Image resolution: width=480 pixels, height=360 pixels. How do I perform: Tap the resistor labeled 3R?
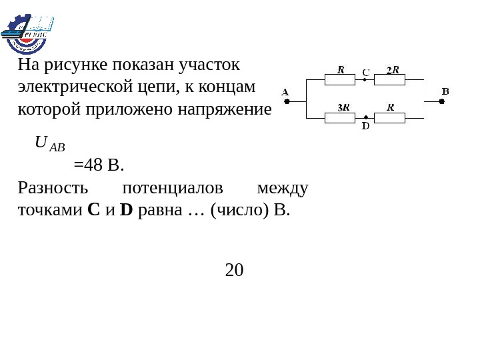click(341, 118)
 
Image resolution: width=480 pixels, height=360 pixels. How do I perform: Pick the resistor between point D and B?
click(390, 118)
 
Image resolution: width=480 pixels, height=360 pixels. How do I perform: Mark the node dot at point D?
click(365, 118)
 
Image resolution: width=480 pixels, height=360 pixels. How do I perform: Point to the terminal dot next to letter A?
click(287, 102)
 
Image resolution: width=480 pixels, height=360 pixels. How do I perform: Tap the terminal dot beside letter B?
click(441, 102)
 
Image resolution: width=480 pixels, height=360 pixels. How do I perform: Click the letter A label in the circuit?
click(285, 92)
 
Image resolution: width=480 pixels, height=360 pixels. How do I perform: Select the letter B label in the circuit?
click(445, 91)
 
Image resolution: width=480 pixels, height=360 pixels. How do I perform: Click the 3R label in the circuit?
click(343, 107)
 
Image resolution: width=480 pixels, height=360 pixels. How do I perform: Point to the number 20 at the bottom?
click(235, 271)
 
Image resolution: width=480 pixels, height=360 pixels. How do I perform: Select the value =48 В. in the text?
click(99, 164)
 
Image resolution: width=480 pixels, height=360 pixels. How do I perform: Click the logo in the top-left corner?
click(27, 32)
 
